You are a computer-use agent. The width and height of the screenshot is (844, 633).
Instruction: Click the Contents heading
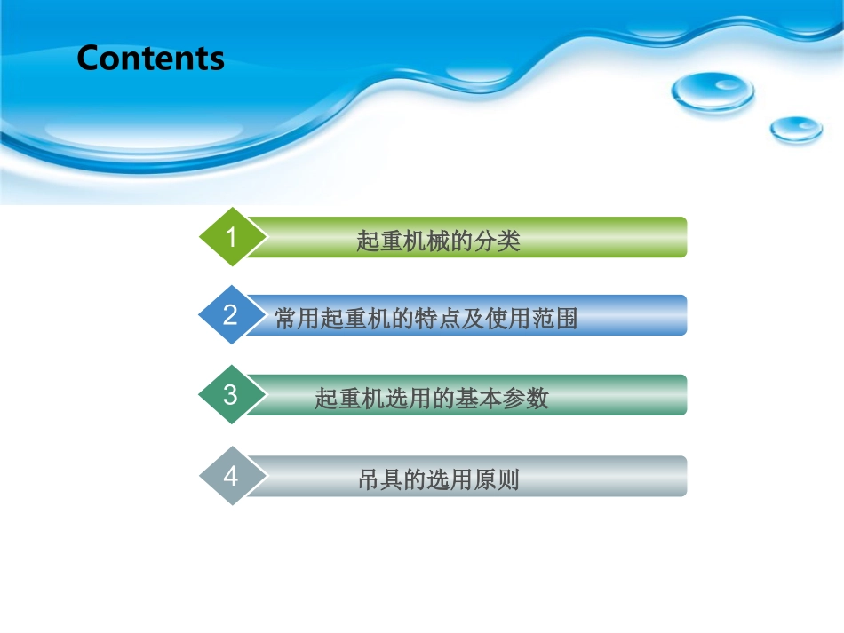[150, 59]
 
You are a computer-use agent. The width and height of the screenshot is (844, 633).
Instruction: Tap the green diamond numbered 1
[231, 237]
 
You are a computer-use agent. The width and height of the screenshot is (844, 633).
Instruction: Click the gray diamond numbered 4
[231, 476]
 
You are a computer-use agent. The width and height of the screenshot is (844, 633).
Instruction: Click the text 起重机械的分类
[438, 241]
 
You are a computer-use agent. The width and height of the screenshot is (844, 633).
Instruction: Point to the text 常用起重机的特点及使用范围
[426, 319]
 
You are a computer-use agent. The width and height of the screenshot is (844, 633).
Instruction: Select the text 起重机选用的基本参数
[432, 399]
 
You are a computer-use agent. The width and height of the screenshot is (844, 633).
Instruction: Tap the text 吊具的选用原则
[438, 480]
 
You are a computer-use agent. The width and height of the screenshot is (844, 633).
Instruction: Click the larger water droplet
[713, 91]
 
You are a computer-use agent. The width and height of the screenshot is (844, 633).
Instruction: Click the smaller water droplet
[795, 130]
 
